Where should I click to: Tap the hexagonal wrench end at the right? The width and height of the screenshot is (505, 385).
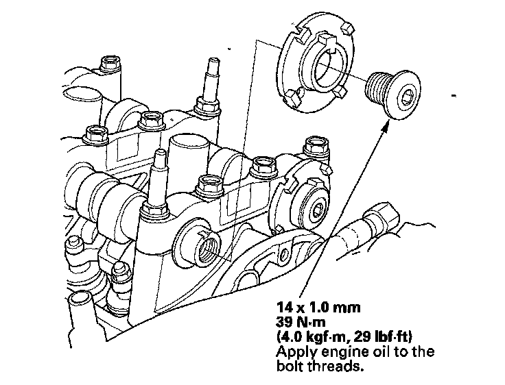380,217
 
